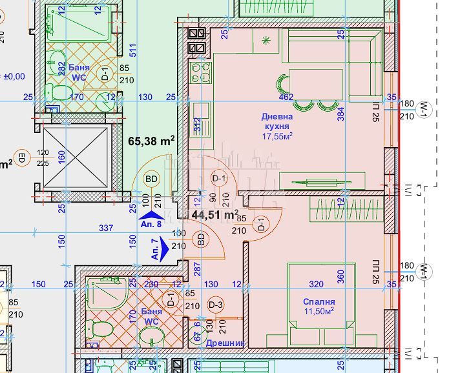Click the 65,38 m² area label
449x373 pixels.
(152, 141)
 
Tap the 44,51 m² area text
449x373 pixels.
(215, 214)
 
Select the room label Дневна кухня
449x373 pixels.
(277, 121)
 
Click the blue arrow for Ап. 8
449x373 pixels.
(152, 216)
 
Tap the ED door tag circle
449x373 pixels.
(21, 157)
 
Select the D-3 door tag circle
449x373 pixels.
(215, 305)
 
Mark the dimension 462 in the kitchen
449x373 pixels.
(286, 97)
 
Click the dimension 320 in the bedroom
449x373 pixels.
(316, 283)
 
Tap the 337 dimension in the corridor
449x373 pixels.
(106, 228)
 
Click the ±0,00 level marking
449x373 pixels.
(14, 76)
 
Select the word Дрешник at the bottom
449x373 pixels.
(225, 344)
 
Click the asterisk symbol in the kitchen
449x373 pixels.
(267, 41)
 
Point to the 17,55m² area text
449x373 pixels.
(277, 136)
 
